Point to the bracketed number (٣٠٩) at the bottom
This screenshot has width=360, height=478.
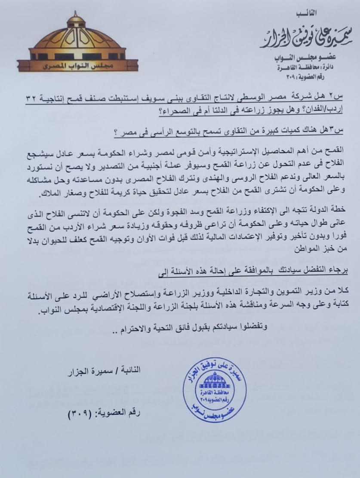(x=81, y=414)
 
